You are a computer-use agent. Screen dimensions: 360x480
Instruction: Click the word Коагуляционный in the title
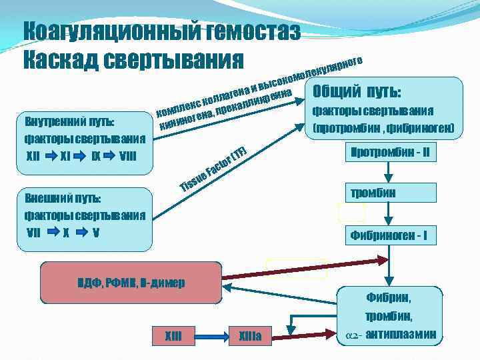pos(100,31)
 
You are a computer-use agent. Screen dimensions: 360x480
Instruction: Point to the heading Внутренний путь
pos(69,123)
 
